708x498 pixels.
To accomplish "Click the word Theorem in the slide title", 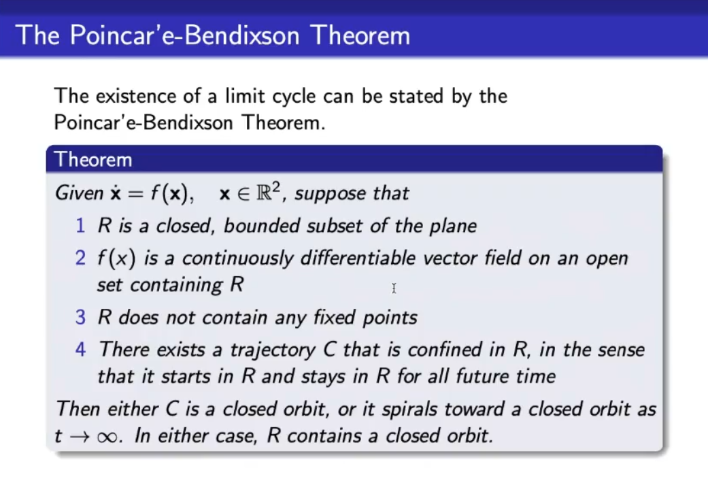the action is [x=360, y=35].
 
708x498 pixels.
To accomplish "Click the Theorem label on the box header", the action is [x=93, y=160].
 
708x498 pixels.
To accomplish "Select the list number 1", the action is [x=80, y=225].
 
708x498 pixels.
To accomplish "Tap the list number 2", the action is [x=80, y=258].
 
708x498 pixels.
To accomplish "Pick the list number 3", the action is [x=80, y=317].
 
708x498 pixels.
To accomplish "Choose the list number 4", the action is [x=80, y=350].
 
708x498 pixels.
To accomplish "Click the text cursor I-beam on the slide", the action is [x=394, y=288].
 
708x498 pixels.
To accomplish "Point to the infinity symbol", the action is [x=107, y=437].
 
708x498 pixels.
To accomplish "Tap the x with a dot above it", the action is [x=116, y=193].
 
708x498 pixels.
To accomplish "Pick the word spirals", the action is [x=409, y=410].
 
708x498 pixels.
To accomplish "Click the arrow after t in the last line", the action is [x=80, y=437].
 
